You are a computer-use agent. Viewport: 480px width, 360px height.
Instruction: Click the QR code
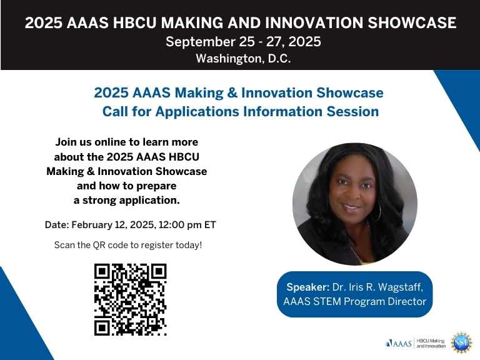click(x=130, y=299)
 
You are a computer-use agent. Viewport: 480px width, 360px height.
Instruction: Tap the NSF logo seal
click(x=461, y=342)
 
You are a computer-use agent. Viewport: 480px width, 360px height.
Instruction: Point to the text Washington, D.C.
click(x=243, y=59)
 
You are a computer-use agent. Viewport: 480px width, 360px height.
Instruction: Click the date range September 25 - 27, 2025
click(x=243, y=42)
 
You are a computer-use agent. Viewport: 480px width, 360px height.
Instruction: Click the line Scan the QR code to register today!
click(x=128, y=245)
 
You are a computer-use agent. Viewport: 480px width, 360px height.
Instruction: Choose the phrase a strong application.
click(x=127, y=200)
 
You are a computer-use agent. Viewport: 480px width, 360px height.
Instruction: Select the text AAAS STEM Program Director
click(x=354, y=302)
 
